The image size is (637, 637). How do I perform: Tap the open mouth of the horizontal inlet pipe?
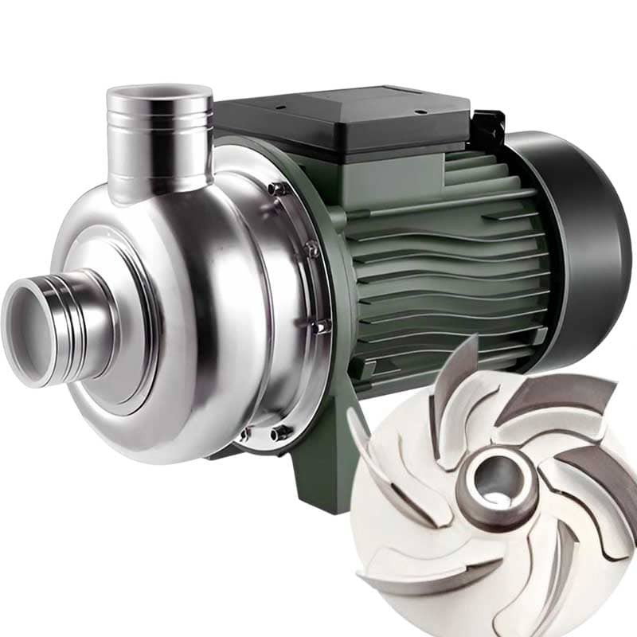pos(32,326)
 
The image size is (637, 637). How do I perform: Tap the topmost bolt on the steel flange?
pos(276,189)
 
